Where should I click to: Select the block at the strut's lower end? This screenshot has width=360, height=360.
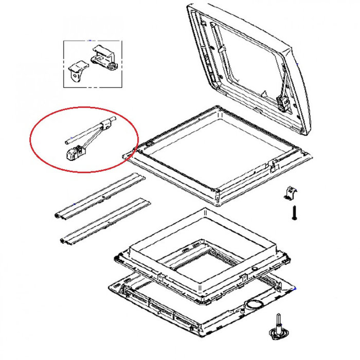[x=74, y=153]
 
